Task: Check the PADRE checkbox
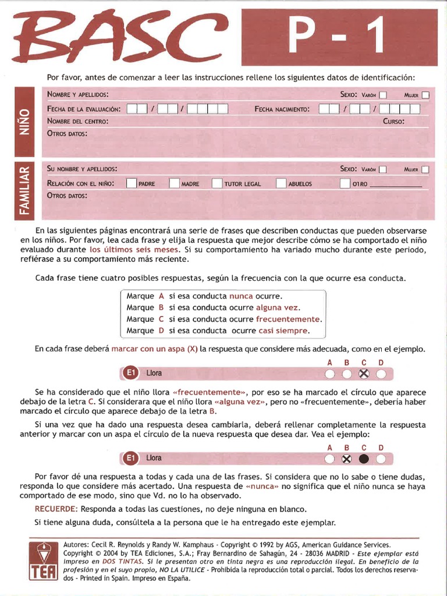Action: click(132, 183)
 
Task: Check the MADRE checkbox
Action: click(175, 183)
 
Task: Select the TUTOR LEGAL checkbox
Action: click(217, 183)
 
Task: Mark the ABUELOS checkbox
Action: click(282, 183)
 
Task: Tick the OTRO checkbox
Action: click(345, 183)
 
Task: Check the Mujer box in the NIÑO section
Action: click(426, 95)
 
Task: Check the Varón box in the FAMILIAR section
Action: click(382, 169)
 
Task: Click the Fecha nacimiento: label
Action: click(282, 109)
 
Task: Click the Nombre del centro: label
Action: click(77, 122)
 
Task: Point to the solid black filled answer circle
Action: click(364, 459)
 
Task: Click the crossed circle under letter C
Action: click(364, 374)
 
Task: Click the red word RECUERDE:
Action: click(56, 509)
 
